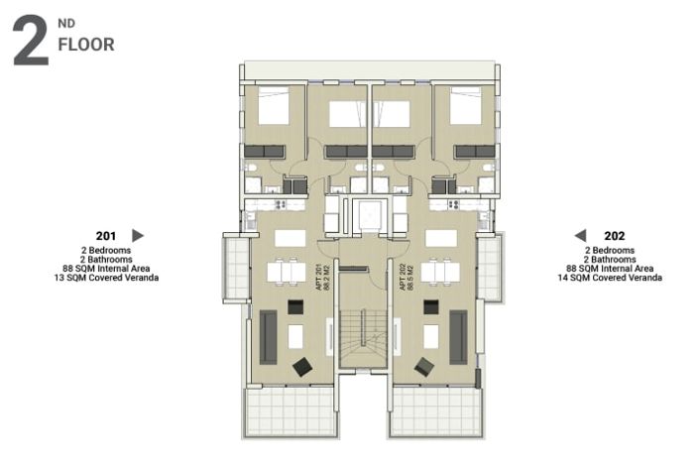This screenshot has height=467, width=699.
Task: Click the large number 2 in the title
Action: (30, 41)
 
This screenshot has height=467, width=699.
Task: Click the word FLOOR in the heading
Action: (85, 45)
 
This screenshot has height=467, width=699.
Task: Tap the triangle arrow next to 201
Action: (138, 235)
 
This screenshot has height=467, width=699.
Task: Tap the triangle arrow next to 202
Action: (580, 235)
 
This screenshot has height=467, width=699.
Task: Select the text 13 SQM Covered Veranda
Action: (106, 278)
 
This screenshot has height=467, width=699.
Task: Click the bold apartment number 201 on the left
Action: (107, 236)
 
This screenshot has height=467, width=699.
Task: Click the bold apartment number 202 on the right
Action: (614, 236)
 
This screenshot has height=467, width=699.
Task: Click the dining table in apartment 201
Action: (288, 271)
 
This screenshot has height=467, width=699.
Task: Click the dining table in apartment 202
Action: (440, 271)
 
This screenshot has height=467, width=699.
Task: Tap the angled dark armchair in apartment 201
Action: (302, 367)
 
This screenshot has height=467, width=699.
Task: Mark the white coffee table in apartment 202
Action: (431, 336)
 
